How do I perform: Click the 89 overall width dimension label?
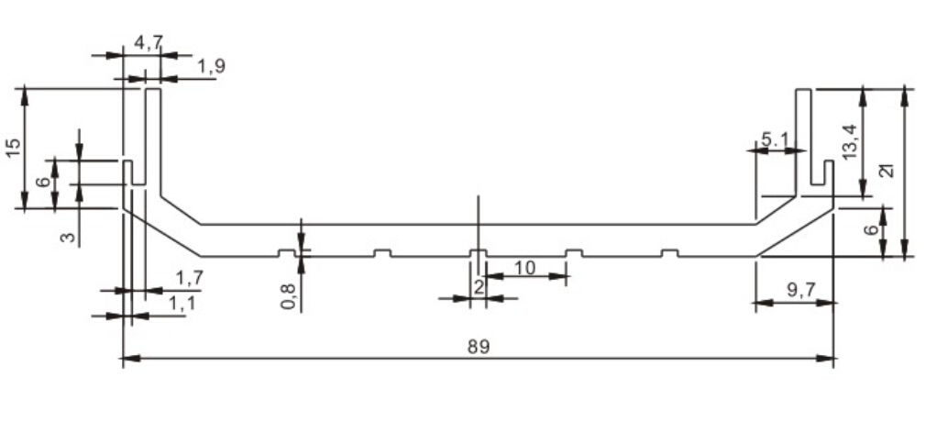(x=479, y=347)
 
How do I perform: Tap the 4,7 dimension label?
(x=148, y=44)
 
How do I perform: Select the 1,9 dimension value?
(x=211, y=67)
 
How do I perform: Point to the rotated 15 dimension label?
(x=13, y=148)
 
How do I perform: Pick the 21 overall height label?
(x=887, y=171)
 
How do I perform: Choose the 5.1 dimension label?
(x=774, y=140)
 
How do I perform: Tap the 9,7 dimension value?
(x=801, y=290)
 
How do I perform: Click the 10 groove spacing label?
(x=524, y=268)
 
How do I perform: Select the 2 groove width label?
(x=479, y=288)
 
